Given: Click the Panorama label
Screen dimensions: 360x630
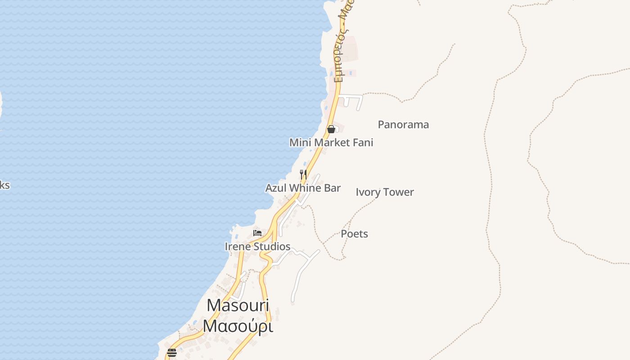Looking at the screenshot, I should [x=403, y=125].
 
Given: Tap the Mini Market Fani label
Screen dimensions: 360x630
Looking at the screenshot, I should [x=331, y=143].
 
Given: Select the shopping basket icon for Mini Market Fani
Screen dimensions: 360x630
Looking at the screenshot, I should [x=331, y=130].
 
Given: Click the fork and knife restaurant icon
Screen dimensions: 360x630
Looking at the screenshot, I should [x=303, y=174].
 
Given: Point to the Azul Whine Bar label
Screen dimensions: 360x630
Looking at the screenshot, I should [x=303, y=188].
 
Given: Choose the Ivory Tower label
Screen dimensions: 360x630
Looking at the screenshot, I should [x=385, y=192].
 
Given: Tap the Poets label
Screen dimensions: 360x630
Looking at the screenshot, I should [x=355, y=234].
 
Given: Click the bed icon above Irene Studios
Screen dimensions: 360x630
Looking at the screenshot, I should [x=257, y=233].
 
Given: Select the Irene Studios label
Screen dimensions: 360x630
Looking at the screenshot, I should [x=257, y=247].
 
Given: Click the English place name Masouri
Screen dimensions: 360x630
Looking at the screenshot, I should [x=238, y=306].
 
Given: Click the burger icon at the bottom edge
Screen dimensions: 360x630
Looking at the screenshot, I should [x=172, y=352].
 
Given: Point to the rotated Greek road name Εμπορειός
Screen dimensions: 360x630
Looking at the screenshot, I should [x=340, y=58].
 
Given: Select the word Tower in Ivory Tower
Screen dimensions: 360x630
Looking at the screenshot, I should [x=398, y=192].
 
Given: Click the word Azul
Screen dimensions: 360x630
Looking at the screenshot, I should [x=276, y=188].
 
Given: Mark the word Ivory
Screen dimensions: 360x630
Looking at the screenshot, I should [x=367, y=192].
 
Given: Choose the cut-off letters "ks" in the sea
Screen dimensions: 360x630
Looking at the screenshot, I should [x=4, y=185].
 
